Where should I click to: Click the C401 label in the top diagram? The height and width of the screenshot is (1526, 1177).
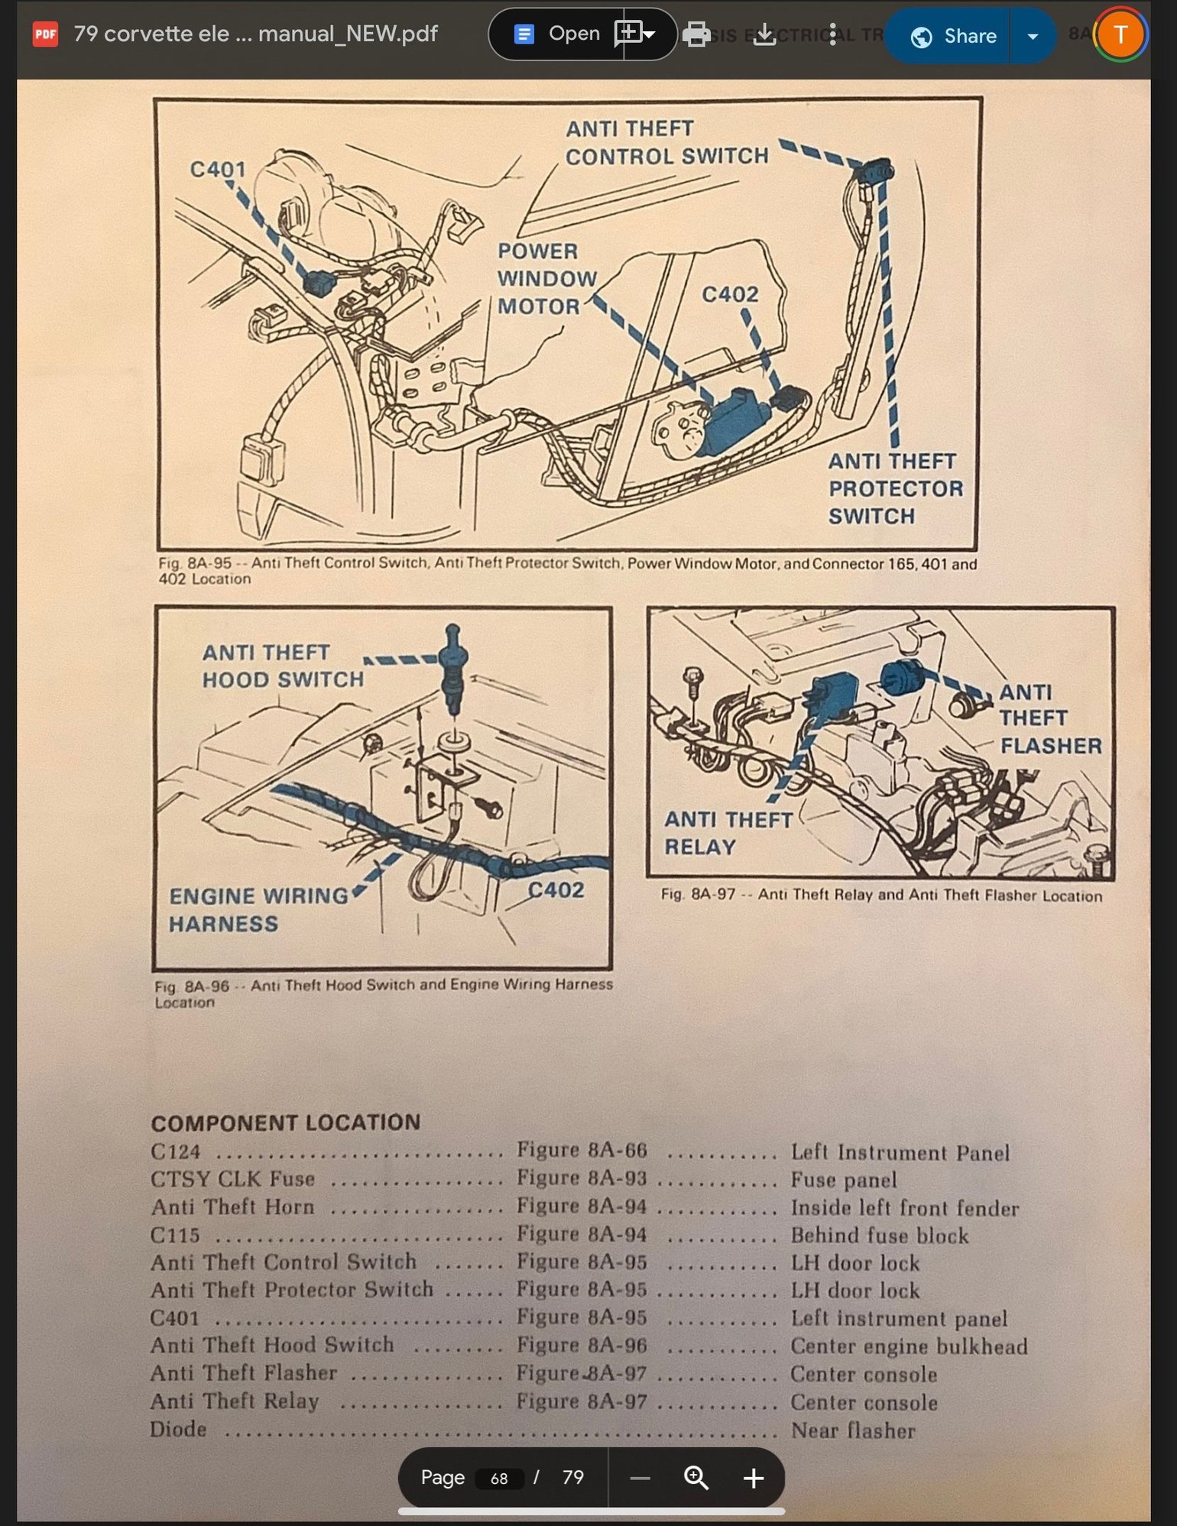pyautogui.click(x=217, y=169)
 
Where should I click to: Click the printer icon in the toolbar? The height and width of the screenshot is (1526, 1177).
pyautogui.click(x=695, y=34)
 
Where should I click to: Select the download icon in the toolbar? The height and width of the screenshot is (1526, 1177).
pyautogui.click(x=764, y=34)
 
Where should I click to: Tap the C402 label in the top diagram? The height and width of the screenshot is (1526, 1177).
pyautogui.click(x=729, y=295)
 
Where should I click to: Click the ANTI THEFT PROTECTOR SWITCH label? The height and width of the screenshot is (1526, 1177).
pyautogui.click(x=894, y=489)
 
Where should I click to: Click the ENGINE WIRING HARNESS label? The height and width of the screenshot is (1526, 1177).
pyautogui.click(x=258, y=910)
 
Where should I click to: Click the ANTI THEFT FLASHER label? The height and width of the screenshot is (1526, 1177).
pyautogui.click(x=1049, y=719)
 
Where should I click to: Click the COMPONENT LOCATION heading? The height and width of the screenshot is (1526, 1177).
pyautogui.click(x=285, y=1123)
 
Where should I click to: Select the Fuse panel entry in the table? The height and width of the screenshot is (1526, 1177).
pyautogui.click(x=843, y=1181)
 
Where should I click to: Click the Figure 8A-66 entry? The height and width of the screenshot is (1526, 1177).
pyautogui.click(x=582, y=1151)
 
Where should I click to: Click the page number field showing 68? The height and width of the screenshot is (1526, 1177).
pyautogui.click(x=499, y=1479)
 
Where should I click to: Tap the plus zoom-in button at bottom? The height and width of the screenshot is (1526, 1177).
pyautogui.click(x=753, y=1479)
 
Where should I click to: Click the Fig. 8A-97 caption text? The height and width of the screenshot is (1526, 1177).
pyautogui.click(x=880, y=896)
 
